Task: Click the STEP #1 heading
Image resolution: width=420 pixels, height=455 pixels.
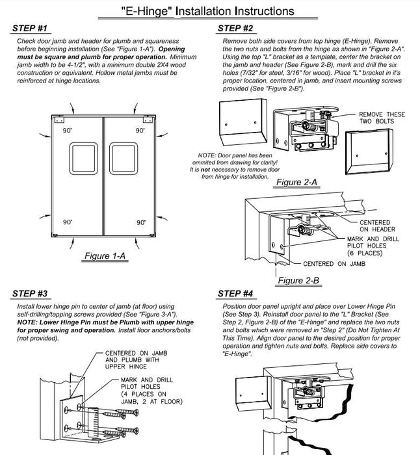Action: coord(30,29)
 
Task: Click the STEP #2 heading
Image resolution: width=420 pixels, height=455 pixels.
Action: coord(235,28)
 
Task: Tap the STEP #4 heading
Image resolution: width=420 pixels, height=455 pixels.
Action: coord(235,293)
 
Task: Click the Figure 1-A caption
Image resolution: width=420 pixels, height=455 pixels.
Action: coord(105,256)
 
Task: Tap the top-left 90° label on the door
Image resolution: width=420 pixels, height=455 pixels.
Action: coord(66,131)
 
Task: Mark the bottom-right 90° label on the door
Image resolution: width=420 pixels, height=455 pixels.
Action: coord(140,222)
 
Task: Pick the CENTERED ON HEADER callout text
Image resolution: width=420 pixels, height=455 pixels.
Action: coord(378,226)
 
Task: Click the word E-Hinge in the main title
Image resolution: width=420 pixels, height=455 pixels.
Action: coord(144,11)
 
